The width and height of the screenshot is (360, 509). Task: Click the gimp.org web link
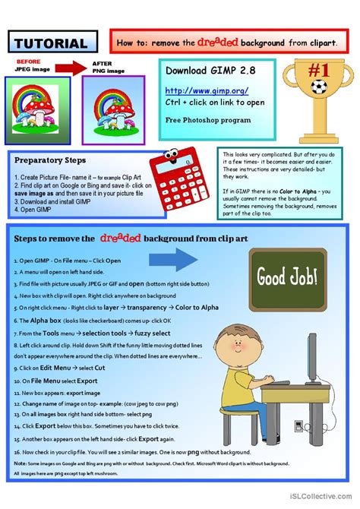197,90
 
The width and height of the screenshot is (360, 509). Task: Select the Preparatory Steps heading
51,160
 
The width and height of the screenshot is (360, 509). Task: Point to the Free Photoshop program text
199,120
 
